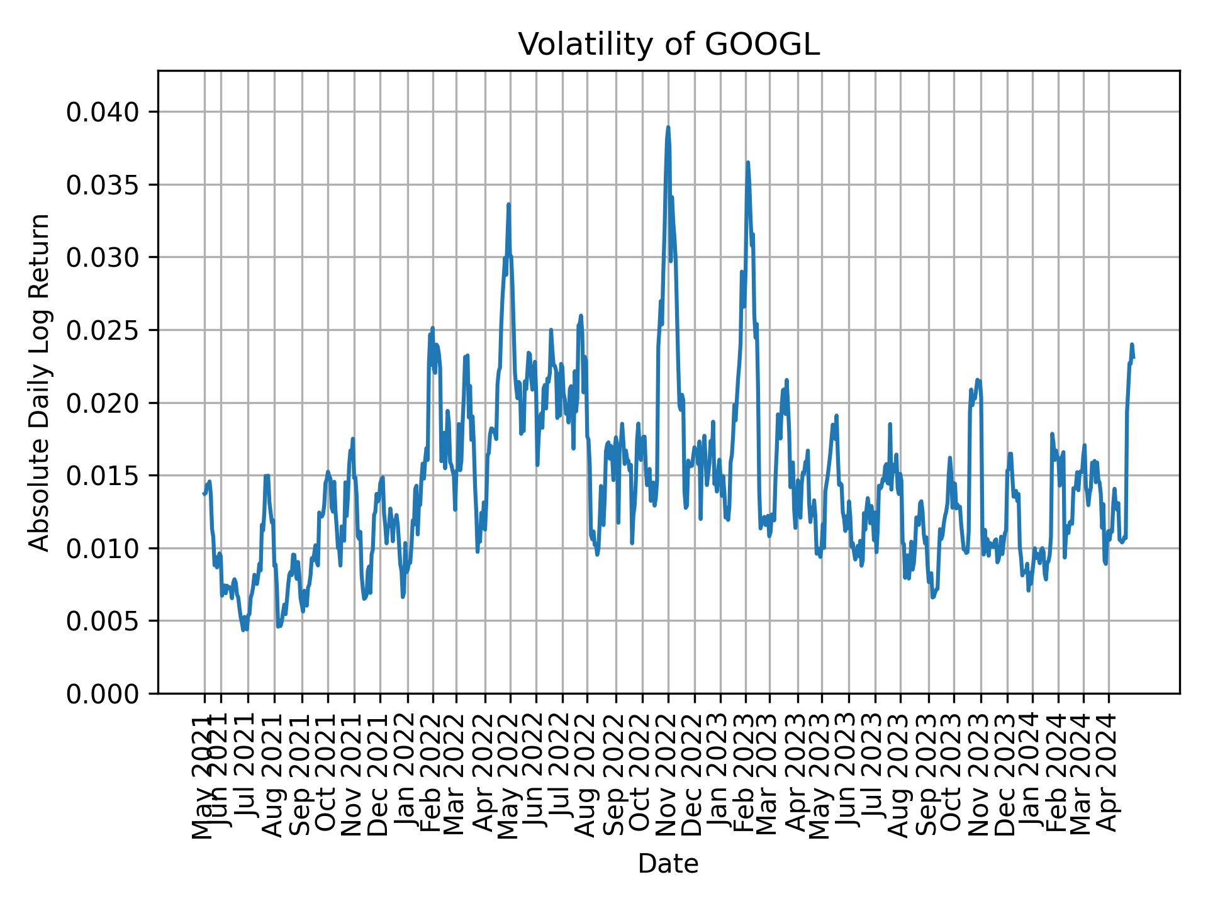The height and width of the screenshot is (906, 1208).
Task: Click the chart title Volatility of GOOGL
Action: click(x=668, y=45)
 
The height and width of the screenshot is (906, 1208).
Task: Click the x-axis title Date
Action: click(x=668, y=864)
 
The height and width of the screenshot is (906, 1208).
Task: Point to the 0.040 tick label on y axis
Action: click(x=102, y=112)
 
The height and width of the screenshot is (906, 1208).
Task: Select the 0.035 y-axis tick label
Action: click(x=102, y=185)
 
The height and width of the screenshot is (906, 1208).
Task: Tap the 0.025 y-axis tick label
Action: click(x=102, y=330)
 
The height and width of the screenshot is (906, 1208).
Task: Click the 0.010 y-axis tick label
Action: click(x=102, y=548)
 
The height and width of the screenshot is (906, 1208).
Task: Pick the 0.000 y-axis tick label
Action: click(x=102, y=693)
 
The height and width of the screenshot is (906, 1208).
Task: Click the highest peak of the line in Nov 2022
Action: click(x=668, y=127)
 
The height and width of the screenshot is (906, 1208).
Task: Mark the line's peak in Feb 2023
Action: click(x=747, y=162)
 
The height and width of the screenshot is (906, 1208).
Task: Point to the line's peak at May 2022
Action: click(x=508, y=204)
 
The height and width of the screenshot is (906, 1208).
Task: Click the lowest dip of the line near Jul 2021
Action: click(x=243, y=630)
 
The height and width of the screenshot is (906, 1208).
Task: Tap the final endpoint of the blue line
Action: click(x=1134, y=357)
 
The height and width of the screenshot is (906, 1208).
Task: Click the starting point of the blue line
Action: click(x=203, y=494)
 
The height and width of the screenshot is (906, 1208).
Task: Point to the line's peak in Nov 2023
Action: click(x=977, y=379)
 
